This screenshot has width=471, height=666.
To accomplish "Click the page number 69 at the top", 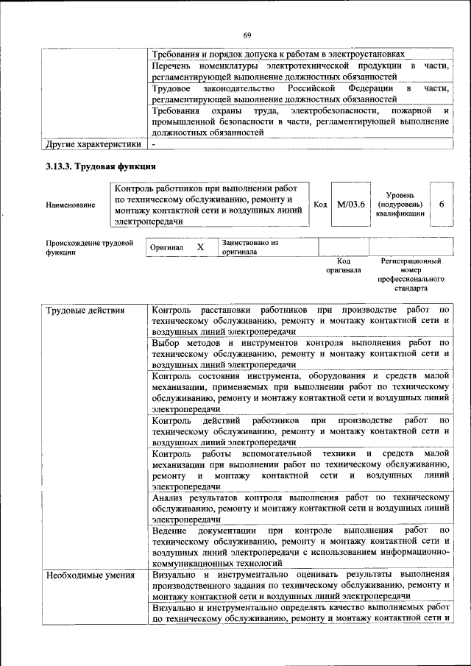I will pyautogui.click(x=247, y=35).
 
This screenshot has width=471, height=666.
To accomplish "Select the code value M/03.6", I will pyautogui.click(x=351, y=204).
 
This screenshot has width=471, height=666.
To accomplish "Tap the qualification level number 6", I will pyautogui.click(x=441, y=204).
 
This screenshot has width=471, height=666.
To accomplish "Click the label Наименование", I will pyautogui.click(x=70, y=205).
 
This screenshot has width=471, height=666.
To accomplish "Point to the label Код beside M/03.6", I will pyautogui.click(x=320, y=204).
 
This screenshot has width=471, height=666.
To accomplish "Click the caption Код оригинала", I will pyautogui.click(x=343, y=265).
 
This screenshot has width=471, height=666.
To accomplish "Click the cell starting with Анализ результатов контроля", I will pyautogui.click(x=300, y=508).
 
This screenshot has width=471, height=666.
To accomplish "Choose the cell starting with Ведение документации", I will pyautogui.click(x=300, y=545).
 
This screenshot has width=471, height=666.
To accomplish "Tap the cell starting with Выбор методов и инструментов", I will pyautogui.click(x=300, y=353).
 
